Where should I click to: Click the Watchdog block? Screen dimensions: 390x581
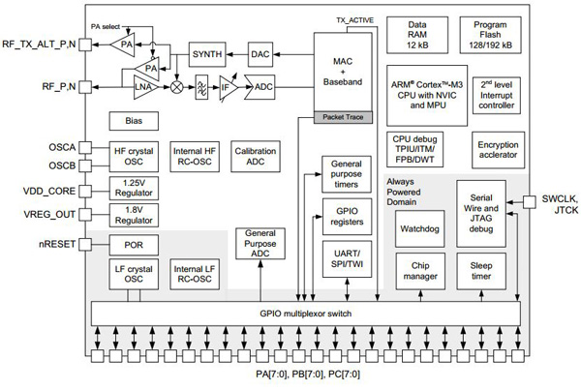(x=419, y=228)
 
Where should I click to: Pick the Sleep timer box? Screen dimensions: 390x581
(x=485, y=270)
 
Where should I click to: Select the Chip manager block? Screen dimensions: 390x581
(x=419, y=270)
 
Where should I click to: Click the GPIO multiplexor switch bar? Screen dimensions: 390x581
(x=306, y=315)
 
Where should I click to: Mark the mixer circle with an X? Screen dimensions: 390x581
(x=176, y=87)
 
